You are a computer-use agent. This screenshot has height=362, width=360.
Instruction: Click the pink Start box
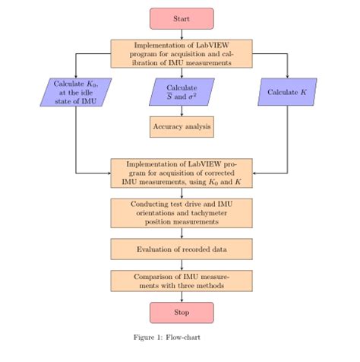point(182,18)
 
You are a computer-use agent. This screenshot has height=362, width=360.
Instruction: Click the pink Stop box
point(182,312)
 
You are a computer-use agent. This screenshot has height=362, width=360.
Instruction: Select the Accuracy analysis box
point(182,125)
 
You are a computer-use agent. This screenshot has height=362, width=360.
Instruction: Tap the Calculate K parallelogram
point(287,92)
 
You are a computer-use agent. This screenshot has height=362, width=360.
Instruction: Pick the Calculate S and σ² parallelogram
point(182,92)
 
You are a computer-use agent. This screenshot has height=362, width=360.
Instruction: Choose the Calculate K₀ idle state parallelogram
point(77,92)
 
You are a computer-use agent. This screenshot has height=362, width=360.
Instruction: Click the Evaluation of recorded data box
point(182,249)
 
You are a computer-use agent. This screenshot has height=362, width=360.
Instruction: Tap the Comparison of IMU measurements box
point(182,281)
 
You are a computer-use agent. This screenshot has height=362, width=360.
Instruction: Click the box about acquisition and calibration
point(182,54)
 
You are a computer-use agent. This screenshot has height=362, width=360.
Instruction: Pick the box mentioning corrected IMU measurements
point(182,173)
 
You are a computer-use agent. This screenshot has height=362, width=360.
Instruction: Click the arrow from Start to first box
point(182,34)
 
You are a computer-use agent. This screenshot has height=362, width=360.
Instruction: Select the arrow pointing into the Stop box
point(182,297)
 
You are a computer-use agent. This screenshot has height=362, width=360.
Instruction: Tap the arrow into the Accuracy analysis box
point(182,110)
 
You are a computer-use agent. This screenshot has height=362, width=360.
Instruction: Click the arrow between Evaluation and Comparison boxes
point(182,265)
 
